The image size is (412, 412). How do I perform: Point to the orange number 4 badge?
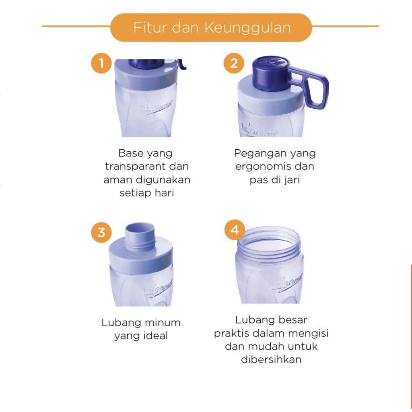point(235,230)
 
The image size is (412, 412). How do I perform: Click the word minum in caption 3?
point(162,322)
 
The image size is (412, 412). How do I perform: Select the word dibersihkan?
point(271,359)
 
